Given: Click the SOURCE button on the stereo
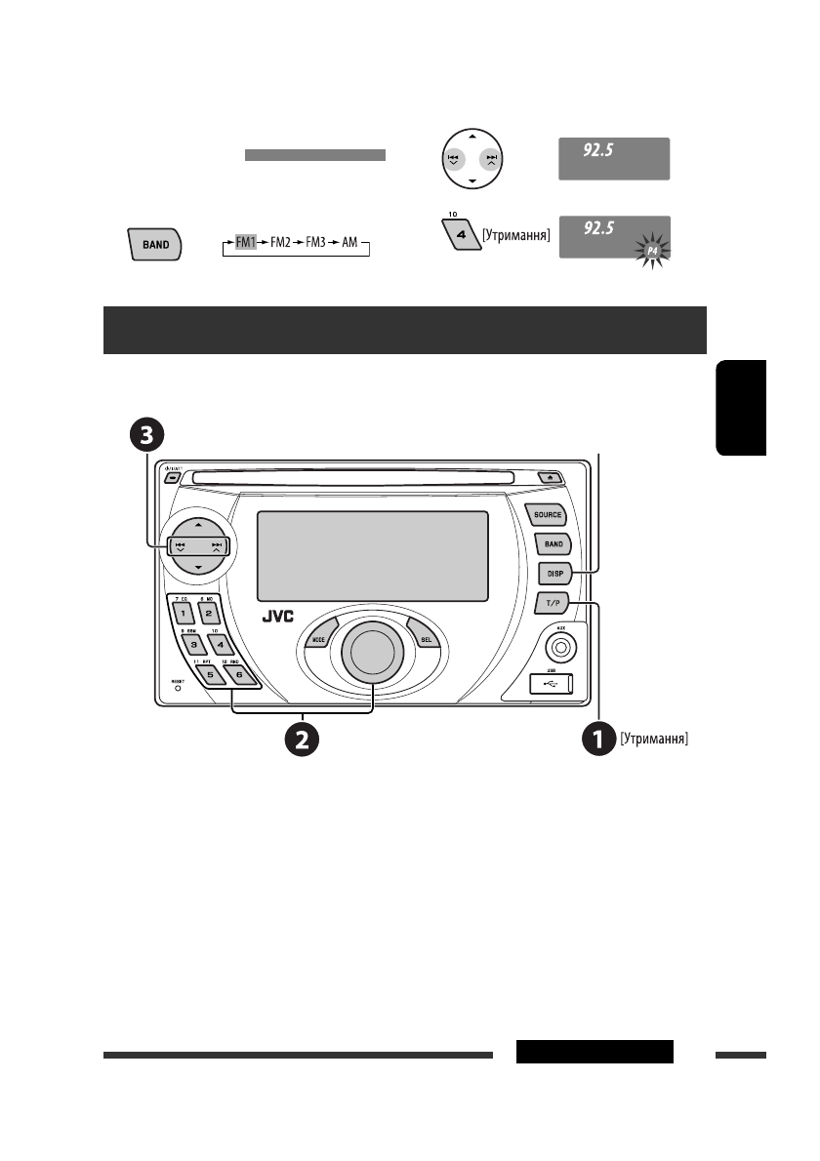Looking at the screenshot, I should point(546,513).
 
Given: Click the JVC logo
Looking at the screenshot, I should point(283,618).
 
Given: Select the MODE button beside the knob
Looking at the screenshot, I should point(318,638).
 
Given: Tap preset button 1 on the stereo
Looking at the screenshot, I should point(183,614).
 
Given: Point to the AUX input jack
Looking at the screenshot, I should point(561,646).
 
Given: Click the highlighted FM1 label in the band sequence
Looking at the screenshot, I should point(244,238).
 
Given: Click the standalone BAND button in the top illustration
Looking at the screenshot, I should point(154,245).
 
